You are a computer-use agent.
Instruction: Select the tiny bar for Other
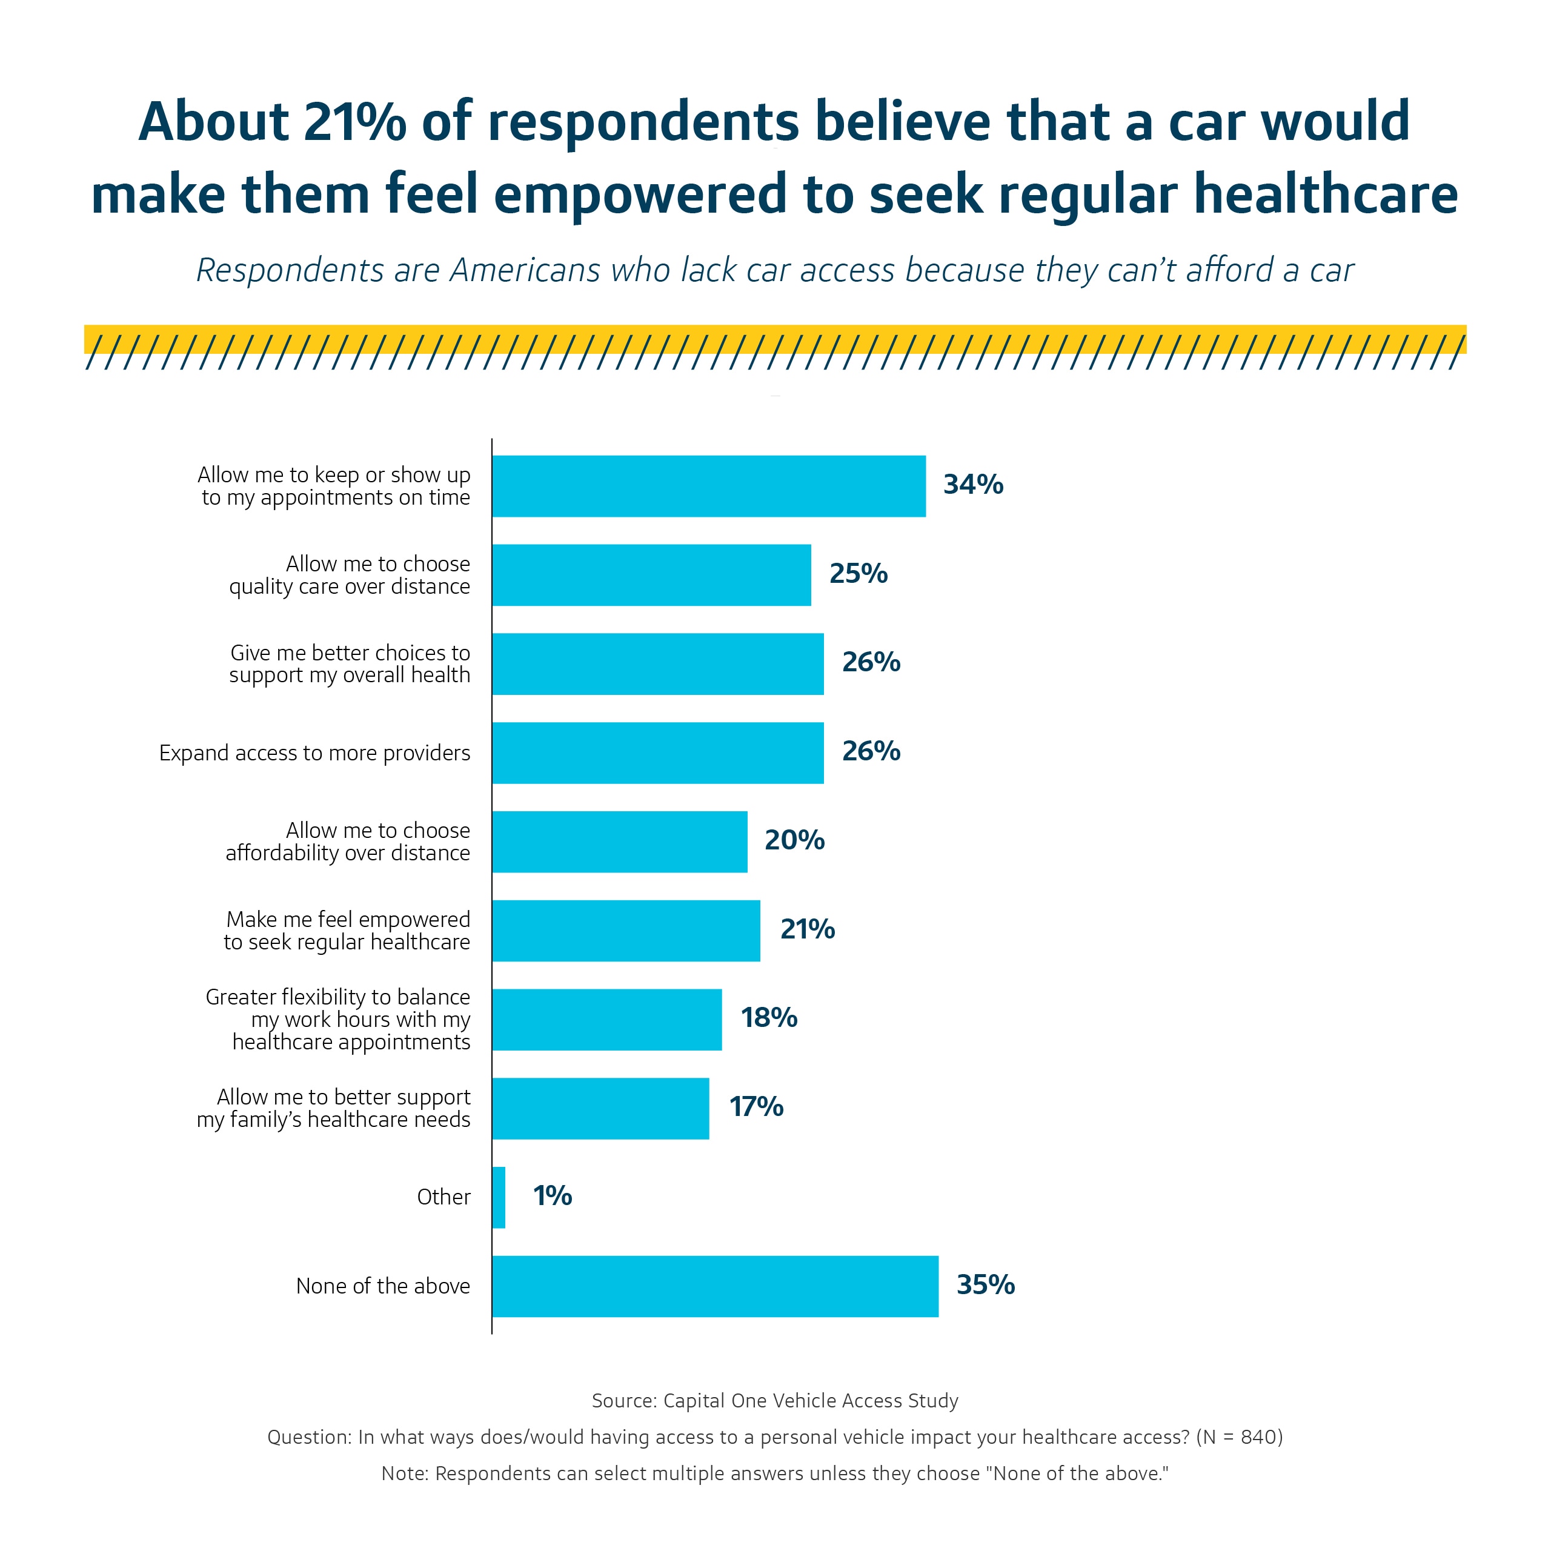tap(499, 1197)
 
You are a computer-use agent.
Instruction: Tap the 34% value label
tap(973, 485)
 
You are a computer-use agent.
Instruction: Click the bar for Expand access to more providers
tap(657, 753)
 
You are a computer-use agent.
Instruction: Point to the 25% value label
tap(858, 573)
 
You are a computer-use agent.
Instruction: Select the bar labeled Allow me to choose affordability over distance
tap(619, 842)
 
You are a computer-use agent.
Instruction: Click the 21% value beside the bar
tap(808, 929)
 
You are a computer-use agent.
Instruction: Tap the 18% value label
tap(769, 1018)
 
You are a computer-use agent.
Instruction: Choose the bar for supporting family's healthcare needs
tap(600, 1108)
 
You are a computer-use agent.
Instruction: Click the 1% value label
tap(553, 1196)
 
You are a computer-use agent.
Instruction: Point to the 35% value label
tap(986, 1284)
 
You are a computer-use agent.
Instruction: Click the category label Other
tap(443, 1197)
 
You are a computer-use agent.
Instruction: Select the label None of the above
tap(383, 1286)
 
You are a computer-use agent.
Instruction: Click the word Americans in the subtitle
tap(525, 271)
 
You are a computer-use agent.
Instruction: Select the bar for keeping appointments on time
tap(708, 486)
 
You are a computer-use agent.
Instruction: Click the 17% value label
tap(756, 1107)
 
